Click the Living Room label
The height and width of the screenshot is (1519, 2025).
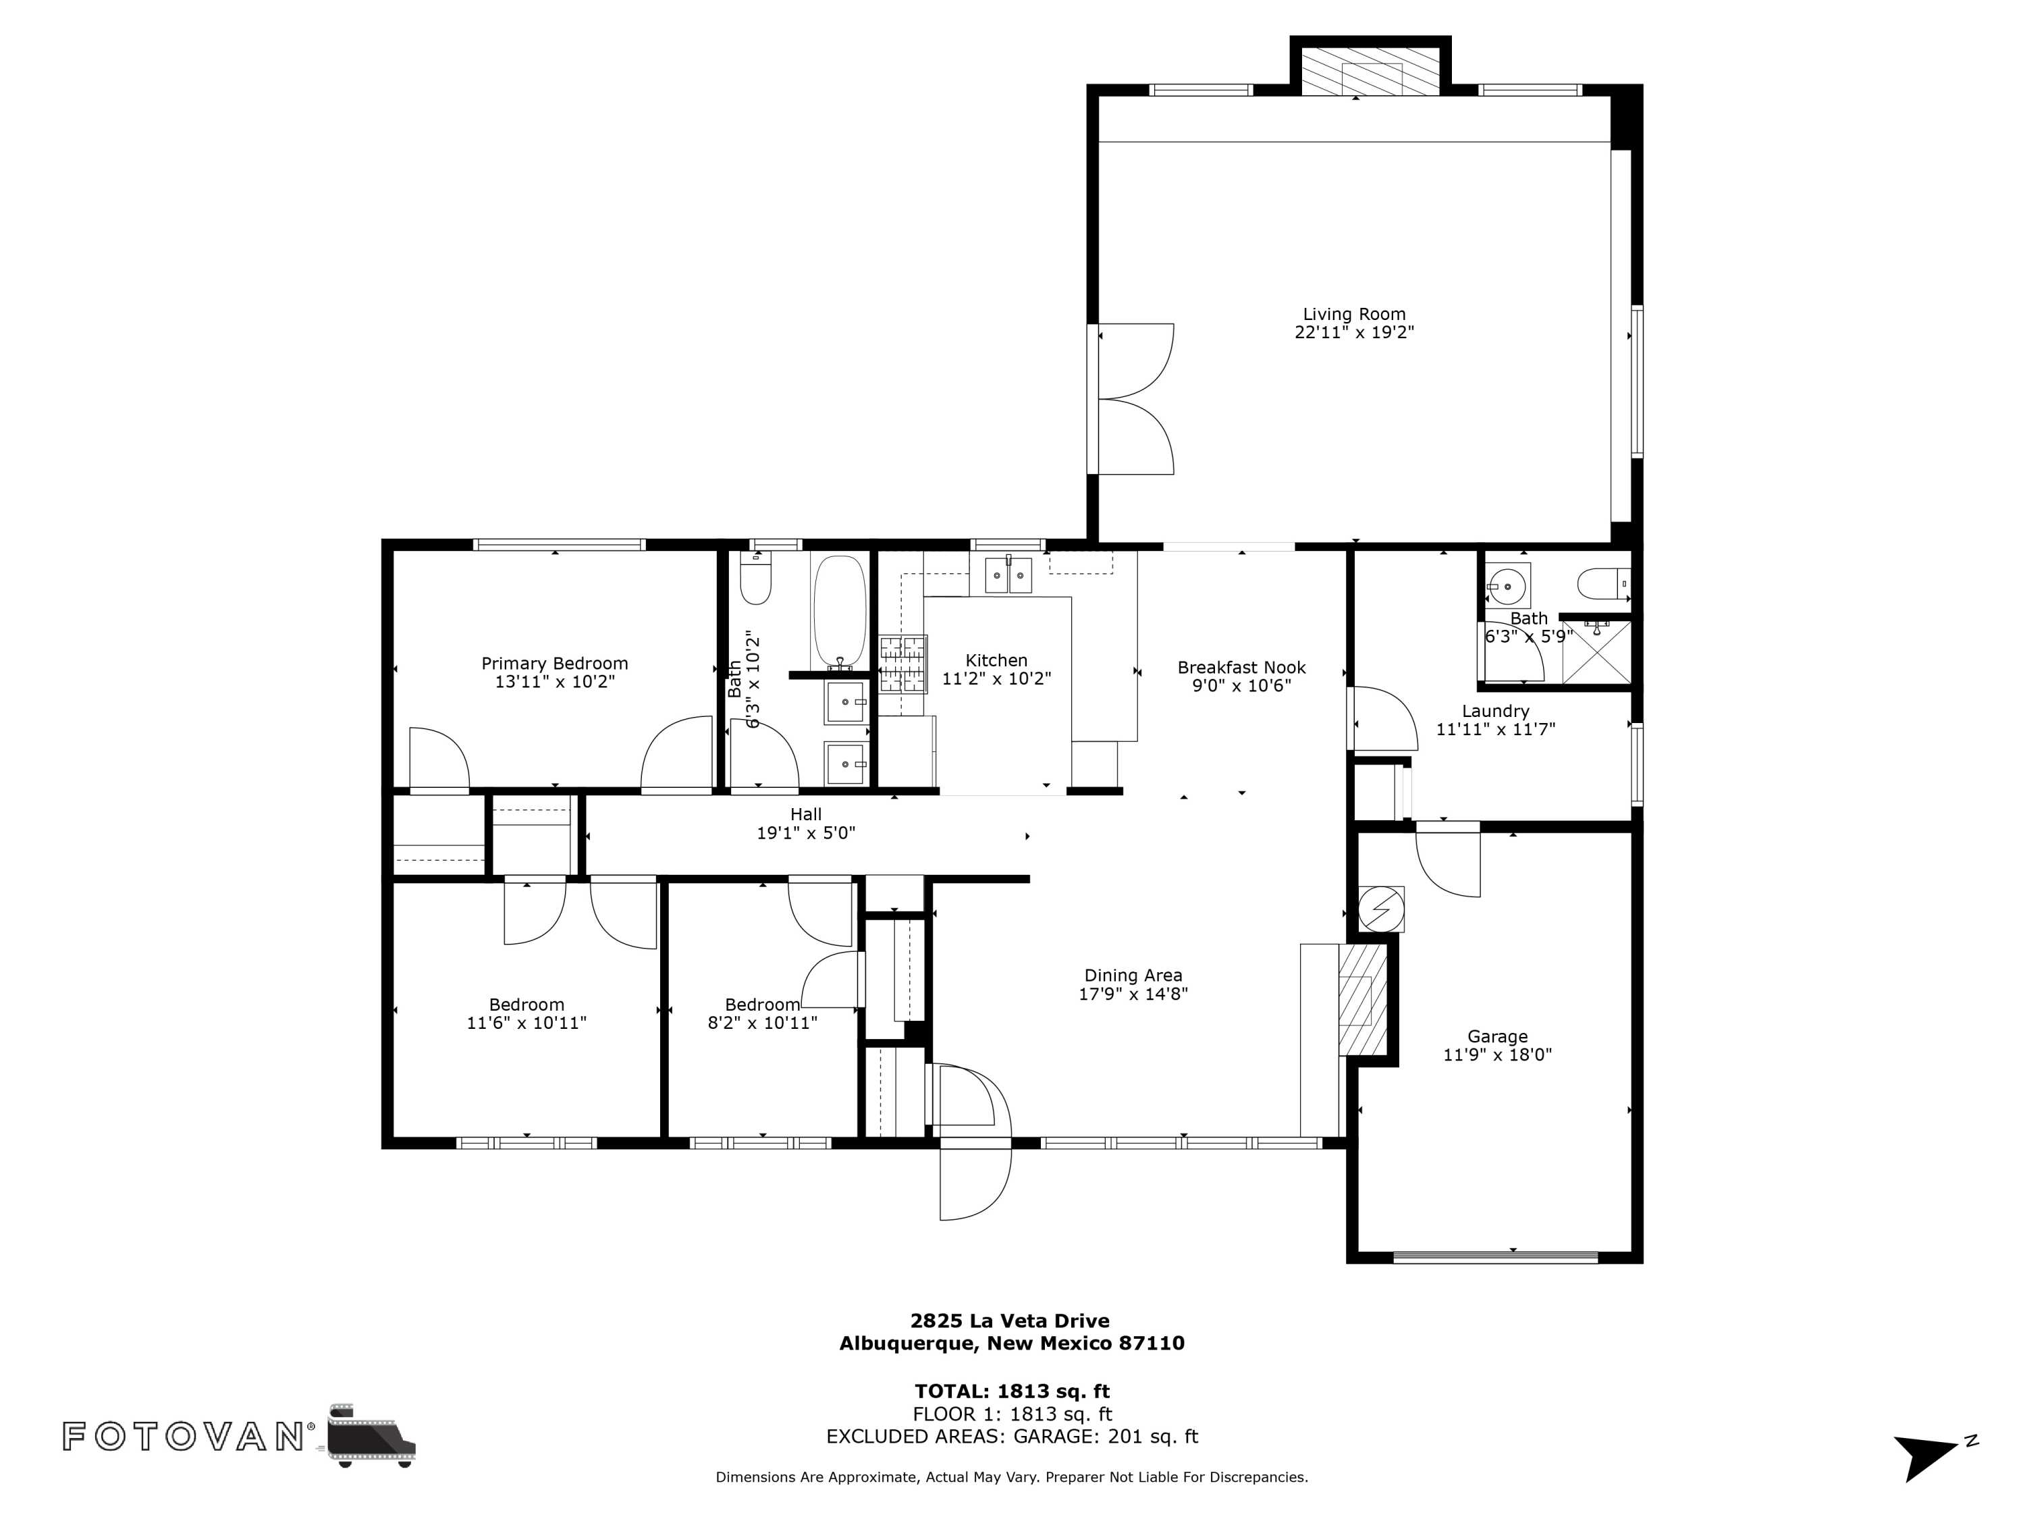(1354, 314)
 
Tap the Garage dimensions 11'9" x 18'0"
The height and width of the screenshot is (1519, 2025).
(1498, 1055)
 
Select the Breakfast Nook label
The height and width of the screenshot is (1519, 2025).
(1241, 668)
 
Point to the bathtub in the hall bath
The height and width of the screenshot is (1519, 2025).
(838, 612)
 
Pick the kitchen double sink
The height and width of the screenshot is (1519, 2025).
(1008, 575)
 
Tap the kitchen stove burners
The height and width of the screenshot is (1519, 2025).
(902, 664)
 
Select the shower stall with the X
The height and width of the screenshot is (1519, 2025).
(1596, 652)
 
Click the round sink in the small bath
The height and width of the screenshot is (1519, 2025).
(1507, 583)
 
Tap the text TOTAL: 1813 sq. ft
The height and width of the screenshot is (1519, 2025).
(1012, 1391)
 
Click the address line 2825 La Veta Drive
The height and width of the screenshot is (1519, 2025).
(1010, 1321)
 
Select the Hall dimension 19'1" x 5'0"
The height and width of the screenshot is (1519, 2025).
(805, 833)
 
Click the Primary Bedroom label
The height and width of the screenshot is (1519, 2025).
(555, 664)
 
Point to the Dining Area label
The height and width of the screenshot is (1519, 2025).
(1133, 975)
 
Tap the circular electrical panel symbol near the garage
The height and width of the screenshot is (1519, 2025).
(1380, 909)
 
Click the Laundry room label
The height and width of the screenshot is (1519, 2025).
(1496, 712)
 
